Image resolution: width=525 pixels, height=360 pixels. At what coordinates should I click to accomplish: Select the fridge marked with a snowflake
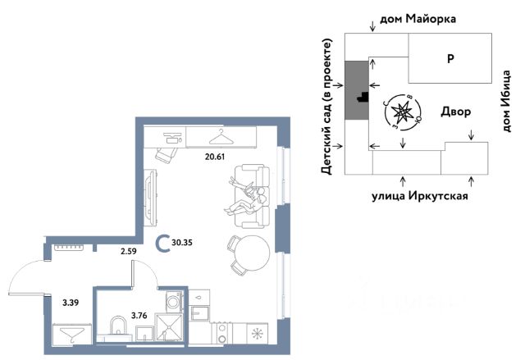tap(257, 333)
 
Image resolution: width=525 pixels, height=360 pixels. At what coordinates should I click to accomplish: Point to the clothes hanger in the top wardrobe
tap(221, 135)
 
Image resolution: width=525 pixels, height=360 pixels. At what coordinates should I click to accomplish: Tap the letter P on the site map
tap(450, 58)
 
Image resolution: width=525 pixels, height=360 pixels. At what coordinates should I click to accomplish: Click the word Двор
tap(455, 112)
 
